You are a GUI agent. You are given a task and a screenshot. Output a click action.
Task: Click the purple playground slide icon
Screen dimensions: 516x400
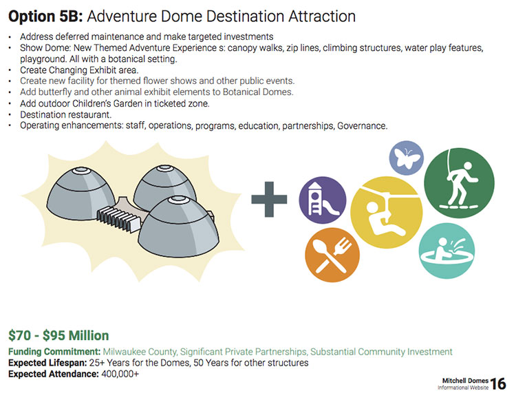(x=323, y=200)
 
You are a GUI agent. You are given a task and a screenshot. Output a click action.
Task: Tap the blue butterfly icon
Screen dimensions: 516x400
(x=407, y=158)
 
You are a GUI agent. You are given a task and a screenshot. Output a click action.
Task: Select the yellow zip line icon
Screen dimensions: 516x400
(x=387, y=212)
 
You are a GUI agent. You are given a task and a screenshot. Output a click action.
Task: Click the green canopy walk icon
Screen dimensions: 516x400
(x=459, y=182)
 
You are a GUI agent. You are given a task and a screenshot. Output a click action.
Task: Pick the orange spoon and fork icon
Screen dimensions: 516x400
(x=332, y=255)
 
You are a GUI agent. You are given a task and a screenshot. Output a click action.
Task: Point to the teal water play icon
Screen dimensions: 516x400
(x=447, y=251)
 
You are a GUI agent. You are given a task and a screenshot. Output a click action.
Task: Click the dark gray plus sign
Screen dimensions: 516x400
(x=269, y=199)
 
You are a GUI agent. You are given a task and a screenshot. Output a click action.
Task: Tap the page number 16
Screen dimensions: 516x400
(x=498, y=384)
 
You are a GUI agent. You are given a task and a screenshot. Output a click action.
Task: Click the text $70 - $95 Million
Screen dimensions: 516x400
(x=58, y=335)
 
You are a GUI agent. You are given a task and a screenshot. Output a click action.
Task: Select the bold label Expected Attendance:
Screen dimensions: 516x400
(x=54, y=374)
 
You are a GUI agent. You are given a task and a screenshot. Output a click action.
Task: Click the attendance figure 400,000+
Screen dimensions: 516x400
(x=120, y=374)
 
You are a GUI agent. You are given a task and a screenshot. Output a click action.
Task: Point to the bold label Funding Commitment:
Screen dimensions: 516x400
(x=54, y=352)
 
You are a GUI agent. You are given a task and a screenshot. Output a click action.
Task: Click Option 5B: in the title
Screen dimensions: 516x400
(x=45, y=16)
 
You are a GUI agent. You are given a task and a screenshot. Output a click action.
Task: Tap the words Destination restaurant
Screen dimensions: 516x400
(x=66, y=114)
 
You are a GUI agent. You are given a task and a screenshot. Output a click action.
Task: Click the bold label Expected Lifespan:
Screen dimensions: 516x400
(x=47, y=363)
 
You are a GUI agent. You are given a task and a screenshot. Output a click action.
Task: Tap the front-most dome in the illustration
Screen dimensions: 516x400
(x=178, y=227)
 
